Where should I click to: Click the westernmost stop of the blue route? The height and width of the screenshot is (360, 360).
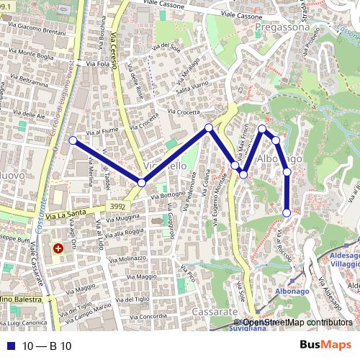pyautogui.click(x=72, y=140)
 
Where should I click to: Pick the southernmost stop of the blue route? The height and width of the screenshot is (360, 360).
pyautogui.click(x=287, y=212)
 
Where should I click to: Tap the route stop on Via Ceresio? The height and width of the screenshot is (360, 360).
pyautogui.click(x=142, y=184)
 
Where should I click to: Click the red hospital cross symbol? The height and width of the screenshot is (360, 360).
pyautogui.click(x=58, y=248)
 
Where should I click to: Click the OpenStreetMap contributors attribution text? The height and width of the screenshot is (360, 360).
pyautogui.click(x=297, y=323)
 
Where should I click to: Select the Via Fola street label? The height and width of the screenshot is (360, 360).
pyautogui.click(x=99, y=63)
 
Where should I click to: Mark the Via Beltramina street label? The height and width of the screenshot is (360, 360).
pyautogui.click(x=29, y=77)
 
